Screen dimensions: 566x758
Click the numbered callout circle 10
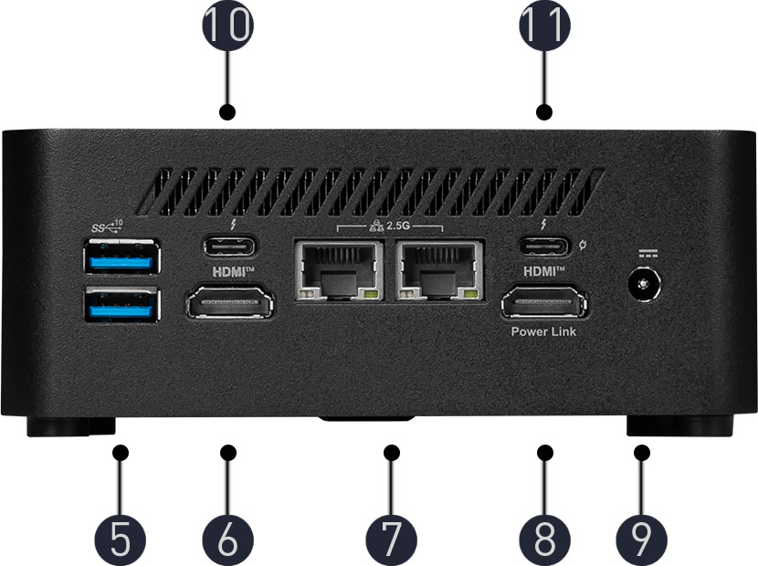click(227, 26)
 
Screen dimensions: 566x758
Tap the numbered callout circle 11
click(545, 26)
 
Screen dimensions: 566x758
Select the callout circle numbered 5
click(121, 540)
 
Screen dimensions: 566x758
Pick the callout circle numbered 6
click(227, 540)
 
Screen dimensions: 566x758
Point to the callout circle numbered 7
click(392, 540)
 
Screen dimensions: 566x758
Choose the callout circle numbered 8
click(545, 540)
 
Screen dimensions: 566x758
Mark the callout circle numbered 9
click(642, 540)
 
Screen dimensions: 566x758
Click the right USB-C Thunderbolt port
click(544, 246)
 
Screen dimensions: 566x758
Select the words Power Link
click(543, 331)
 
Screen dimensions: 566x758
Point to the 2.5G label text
click(410, 223)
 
